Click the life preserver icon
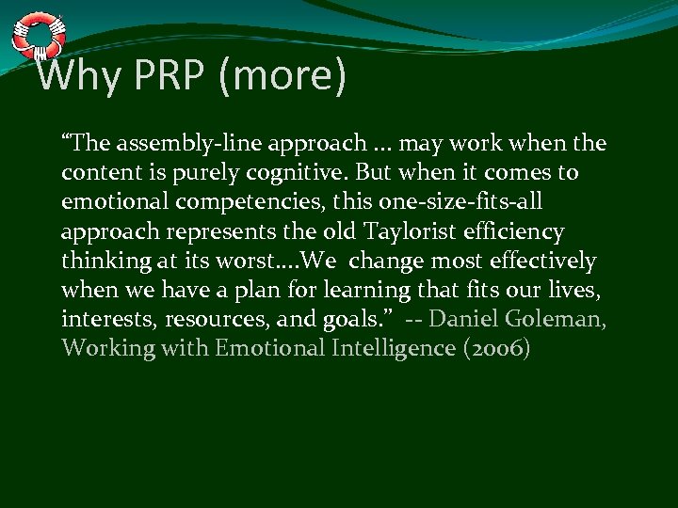pos(37,35)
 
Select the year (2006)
pos(495,348)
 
